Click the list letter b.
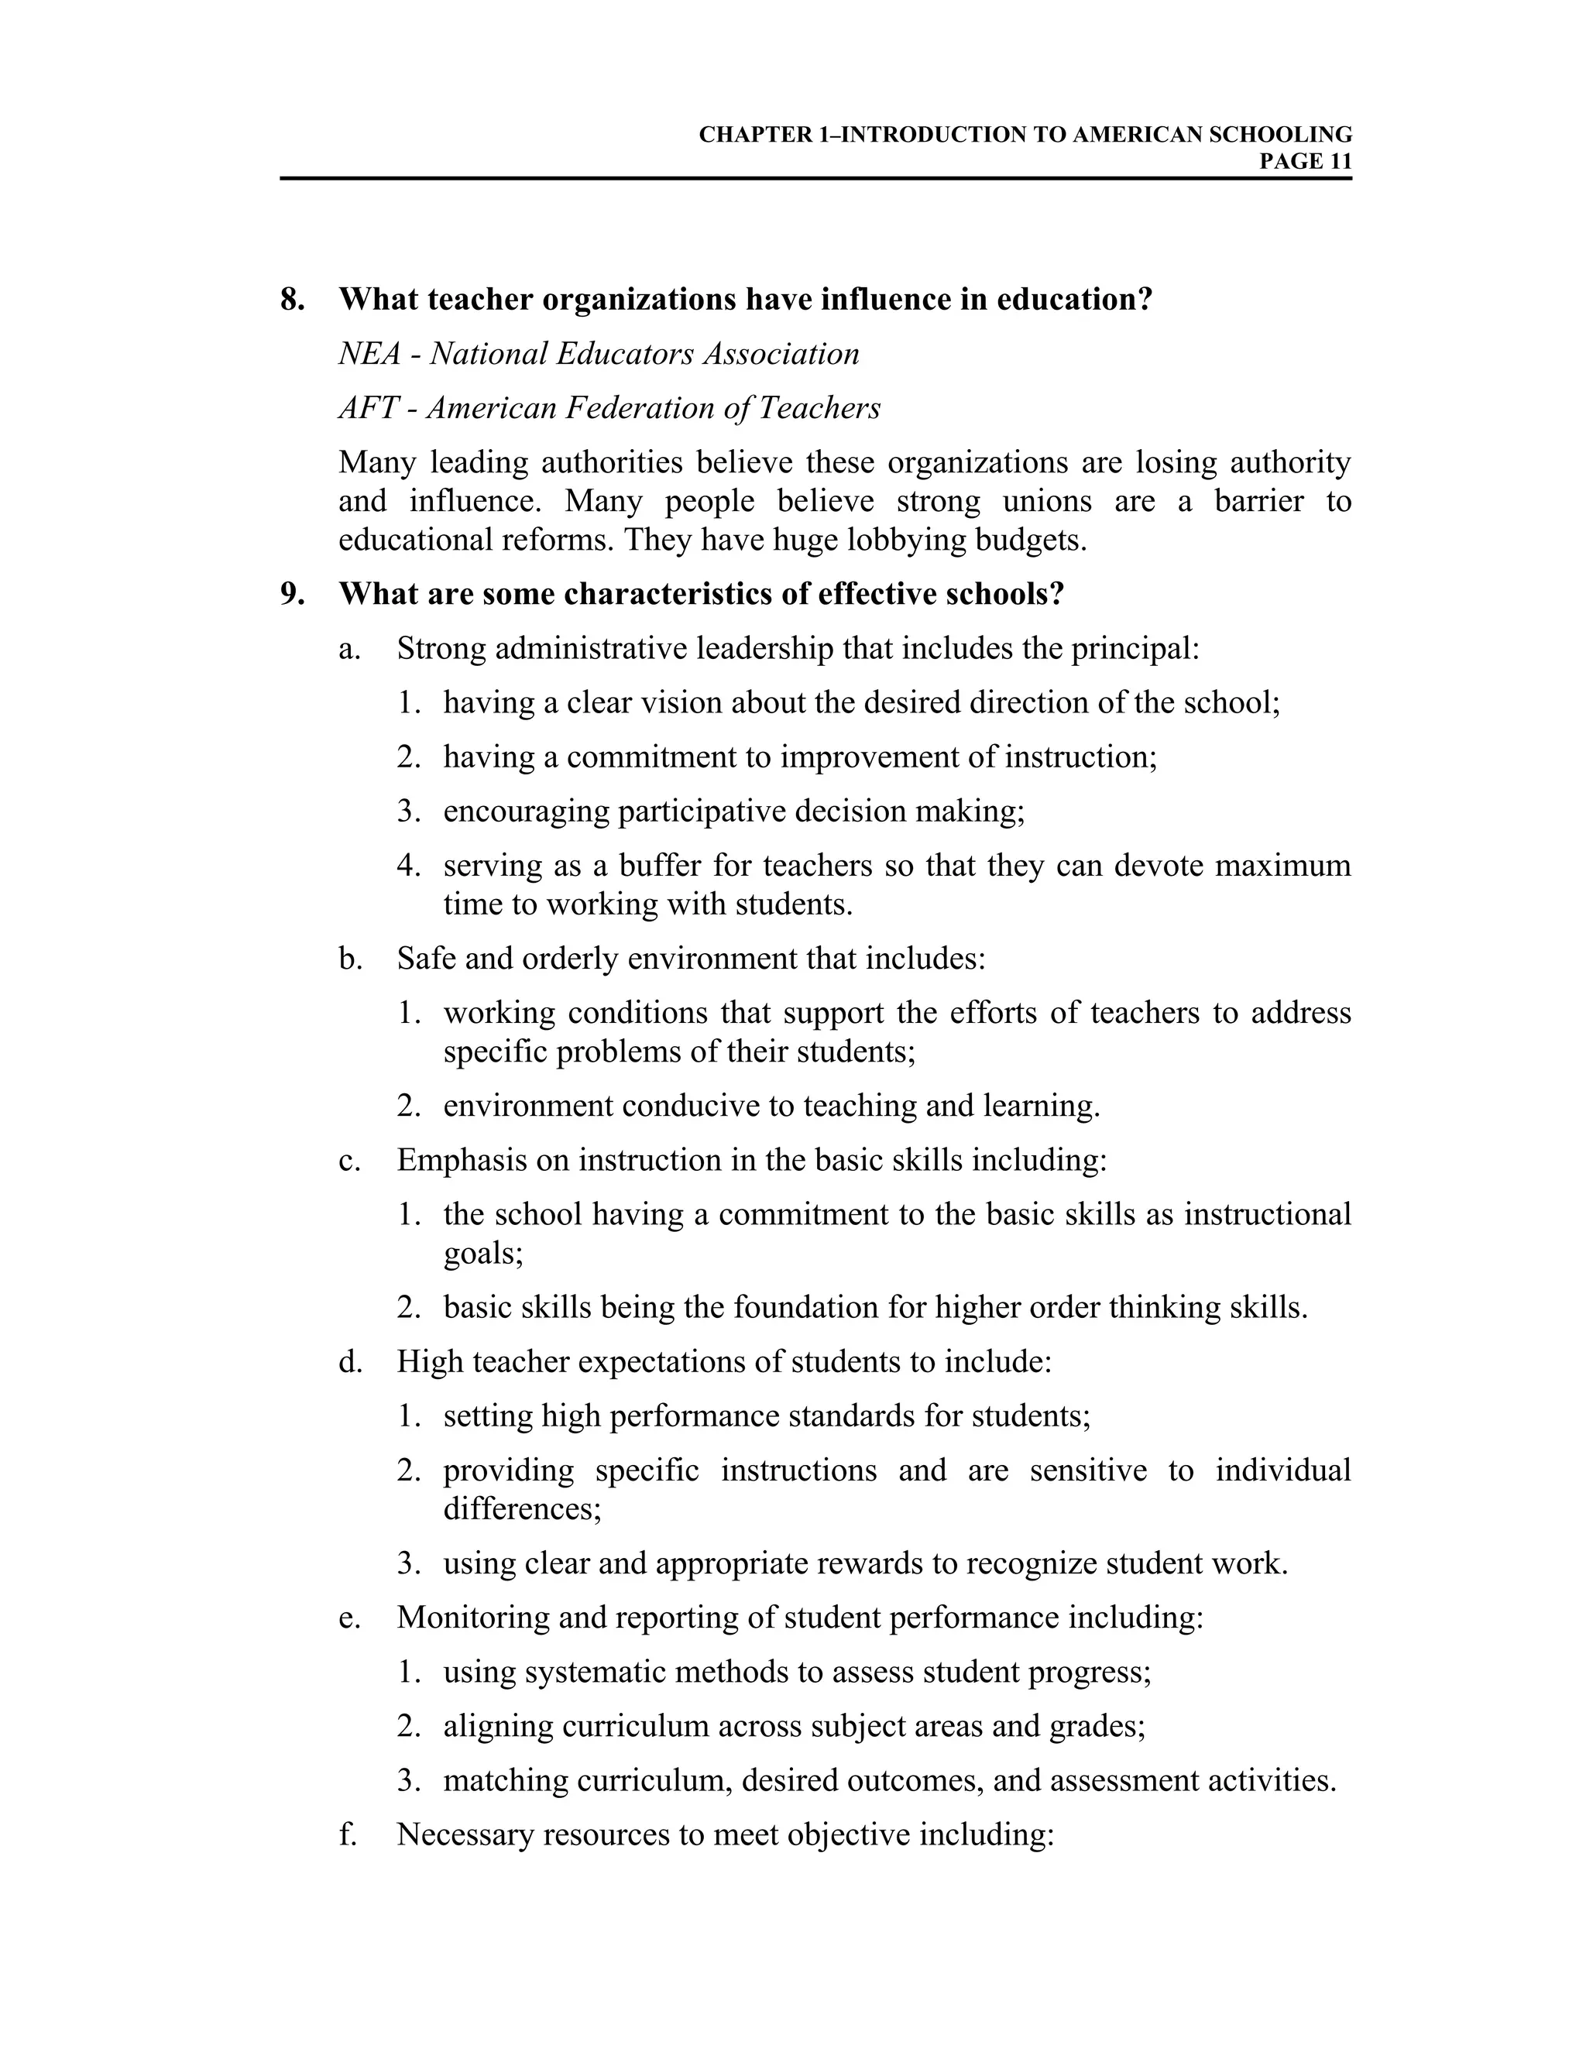click(349, 959)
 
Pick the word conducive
click(691, 1106)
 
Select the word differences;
click(523, 1509)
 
